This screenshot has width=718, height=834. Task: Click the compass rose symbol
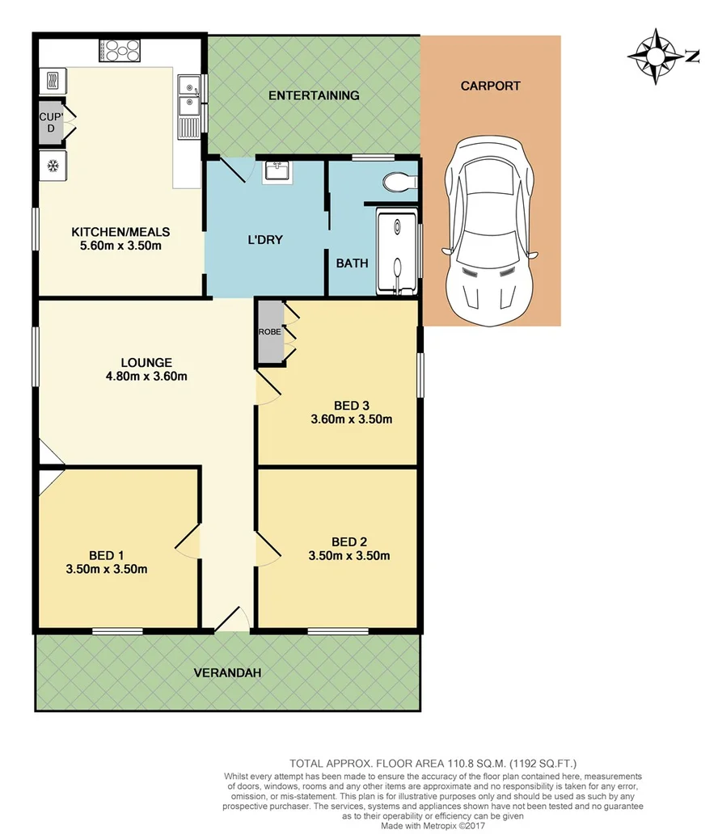coord(656,56)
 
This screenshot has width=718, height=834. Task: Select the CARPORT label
coord(490,86)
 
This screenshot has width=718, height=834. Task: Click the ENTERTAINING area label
coord(314,95)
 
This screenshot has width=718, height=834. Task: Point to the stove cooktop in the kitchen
coord(120,52)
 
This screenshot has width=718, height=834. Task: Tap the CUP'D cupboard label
coord(50,122)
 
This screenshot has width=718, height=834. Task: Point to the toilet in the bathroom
coord(399,183)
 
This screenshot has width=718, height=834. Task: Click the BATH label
coord(352,263)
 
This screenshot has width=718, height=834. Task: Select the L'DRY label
coord(264,240)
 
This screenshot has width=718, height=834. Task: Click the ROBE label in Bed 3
coord(269,332)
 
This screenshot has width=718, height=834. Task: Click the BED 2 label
coord(349,541)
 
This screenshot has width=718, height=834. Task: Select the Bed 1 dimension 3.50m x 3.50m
coord(107,568)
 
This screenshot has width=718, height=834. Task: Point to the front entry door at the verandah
coord(232,621)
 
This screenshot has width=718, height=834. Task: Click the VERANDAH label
coord(226,672)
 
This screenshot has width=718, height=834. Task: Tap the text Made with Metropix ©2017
coord(433,824)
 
